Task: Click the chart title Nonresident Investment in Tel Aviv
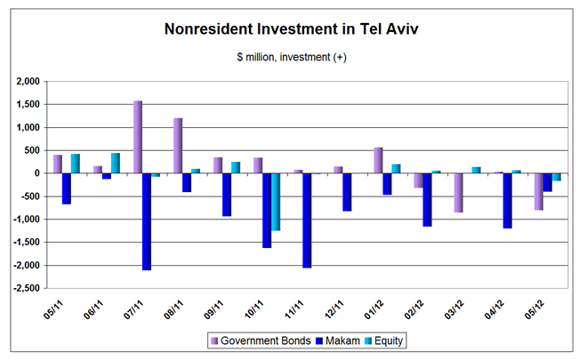(x=292, y=29)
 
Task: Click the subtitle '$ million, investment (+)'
(x=292, y=58)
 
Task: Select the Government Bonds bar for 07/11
(x=138, y=137)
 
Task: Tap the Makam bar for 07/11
(x=147, y=221)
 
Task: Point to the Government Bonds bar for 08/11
(x=178, y=146)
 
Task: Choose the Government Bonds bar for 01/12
(x=379, y=161)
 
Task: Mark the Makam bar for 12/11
(x=348, y=192)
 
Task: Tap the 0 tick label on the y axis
(x=40, y=173)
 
